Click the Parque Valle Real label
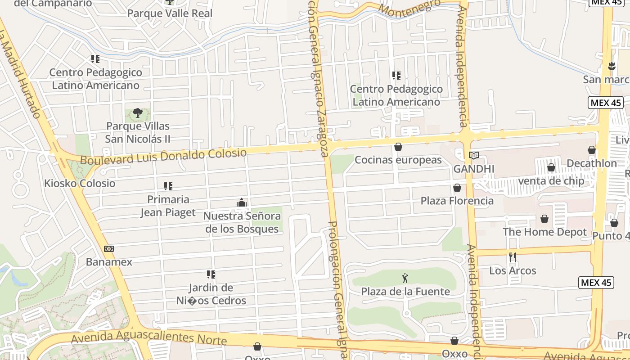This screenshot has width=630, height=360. pos(170,13)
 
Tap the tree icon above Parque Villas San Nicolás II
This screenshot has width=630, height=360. pos(138,113)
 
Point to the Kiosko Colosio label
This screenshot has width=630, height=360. pos(80,183)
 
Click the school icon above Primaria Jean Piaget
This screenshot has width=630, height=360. pos(168,186)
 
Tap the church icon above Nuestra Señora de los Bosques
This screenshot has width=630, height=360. pos(242,203)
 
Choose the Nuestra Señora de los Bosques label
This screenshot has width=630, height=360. pos(242,222)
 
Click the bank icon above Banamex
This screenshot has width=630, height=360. pos(109,249)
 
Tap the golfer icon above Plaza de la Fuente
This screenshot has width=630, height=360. pos(405,278)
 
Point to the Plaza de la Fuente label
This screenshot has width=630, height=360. pos(405,292)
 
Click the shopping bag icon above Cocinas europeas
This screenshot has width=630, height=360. pos(398,147)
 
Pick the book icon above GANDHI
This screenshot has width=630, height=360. pos(473,156)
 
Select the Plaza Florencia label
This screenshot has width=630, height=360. pos(457,201)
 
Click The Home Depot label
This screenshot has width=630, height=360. pos(544,232)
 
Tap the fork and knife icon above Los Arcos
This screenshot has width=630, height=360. pos(513,257)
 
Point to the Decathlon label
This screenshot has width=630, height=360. pos(592,163)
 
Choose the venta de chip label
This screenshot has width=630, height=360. pos(551,181)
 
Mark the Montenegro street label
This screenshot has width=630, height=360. pos(409,8)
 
